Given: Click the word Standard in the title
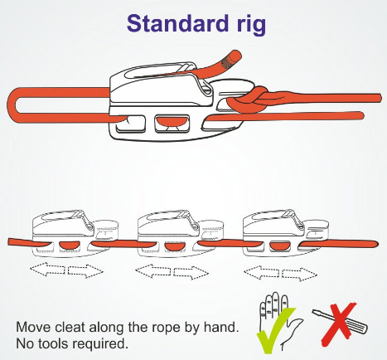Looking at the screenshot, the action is click(x=177, y=23).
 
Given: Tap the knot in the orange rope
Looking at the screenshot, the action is click(x=249, y=100).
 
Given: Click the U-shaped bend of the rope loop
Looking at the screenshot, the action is click(x=12, y=105).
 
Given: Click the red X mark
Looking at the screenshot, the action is click(x=339, y=324).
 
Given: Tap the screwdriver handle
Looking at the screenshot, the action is click(x=359, y=327).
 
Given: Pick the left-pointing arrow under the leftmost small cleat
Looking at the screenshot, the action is click(x=47, y=269).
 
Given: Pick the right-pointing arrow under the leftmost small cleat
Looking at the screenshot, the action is click(x=85, y=271).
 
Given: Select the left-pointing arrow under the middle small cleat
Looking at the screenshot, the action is click(x=152, y=271).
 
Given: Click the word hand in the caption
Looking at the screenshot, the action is click(x=220, y=327).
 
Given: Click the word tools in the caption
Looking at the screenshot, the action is click(x=51, y=343).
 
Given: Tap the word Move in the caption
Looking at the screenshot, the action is click(x=33, y=327).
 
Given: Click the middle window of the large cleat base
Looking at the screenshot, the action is click(x=172, y=124).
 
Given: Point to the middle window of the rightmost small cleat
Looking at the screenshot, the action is click(x=279, y=246).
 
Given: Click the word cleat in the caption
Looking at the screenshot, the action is click(x=70, y=327).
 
